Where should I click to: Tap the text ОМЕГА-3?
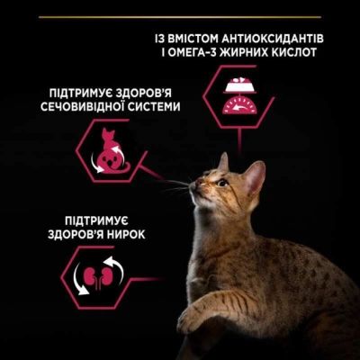point(209,56)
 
